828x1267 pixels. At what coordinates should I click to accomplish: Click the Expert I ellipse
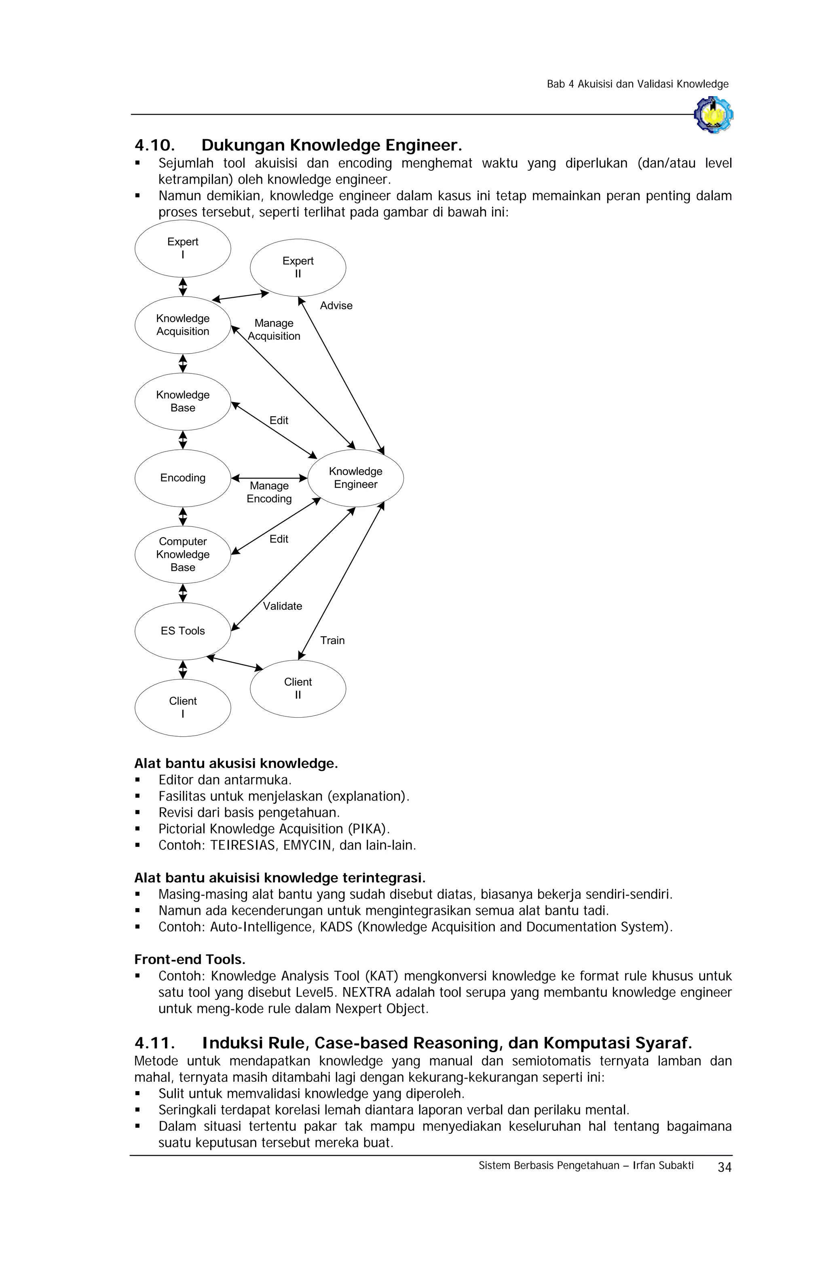[182, 249]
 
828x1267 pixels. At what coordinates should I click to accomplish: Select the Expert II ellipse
[298, 267]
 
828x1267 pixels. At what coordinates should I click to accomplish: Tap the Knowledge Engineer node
[355, 478]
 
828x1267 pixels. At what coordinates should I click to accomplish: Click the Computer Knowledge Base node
[182, 554]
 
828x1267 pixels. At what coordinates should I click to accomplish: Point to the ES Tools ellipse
[182, 631]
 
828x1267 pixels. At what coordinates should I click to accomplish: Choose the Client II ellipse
[298, 689]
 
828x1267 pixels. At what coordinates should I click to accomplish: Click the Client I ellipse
[182, 708]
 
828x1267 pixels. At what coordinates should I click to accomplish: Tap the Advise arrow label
[336, 305]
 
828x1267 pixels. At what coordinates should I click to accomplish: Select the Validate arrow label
[282, 606]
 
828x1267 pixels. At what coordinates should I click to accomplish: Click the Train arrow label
[332, 640]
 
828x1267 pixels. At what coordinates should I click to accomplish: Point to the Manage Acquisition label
[274, 330]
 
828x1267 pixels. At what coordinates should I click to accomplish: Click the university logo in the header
[713, 114]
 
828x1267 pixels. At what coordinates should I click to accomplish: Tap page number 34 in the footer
[724, 1167]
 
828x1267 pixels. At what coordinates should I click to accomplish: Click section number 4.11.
[154, 1042]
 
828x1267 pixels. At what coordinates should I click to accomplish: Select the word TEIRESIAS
[243, 845]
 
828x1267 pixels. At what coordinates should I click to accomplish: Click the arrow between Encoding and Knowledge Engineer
[269, 478]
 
